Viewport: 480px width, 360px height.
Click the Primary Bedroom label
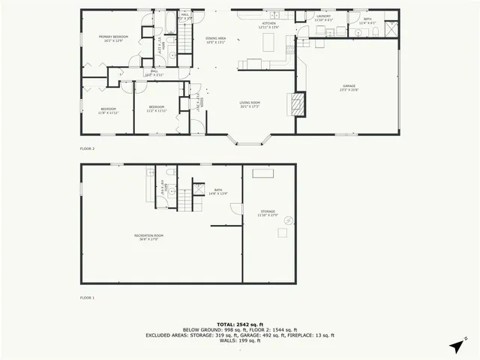click(115, 38)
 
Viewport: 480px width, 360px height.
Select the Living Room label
click(249, 103)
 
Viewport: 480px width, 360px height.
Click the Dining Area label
click(215, 40)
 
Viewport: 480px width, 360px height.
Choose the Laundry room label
click(323, 17)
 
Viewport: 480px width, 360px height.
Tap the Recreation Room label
click(148, 237)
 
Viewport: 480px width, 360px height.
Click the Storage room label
click(268, 213)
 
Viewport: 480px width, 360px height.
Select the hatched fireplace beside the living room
click(298, 104)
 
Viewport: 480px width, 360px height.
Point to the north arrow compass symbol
click(457, 346)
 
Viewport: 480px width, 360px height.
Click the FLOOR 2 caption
click(87, 148)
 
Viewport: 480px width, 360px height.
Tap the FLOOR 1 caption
click(87, 298)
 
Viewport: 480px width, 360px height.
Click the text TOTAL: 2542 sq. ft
click(239, 324)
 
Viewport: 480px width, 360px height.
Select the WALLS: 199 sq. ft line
click(239, 340)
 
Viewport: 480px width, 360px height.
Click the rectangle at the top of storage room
click(263, 174)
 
